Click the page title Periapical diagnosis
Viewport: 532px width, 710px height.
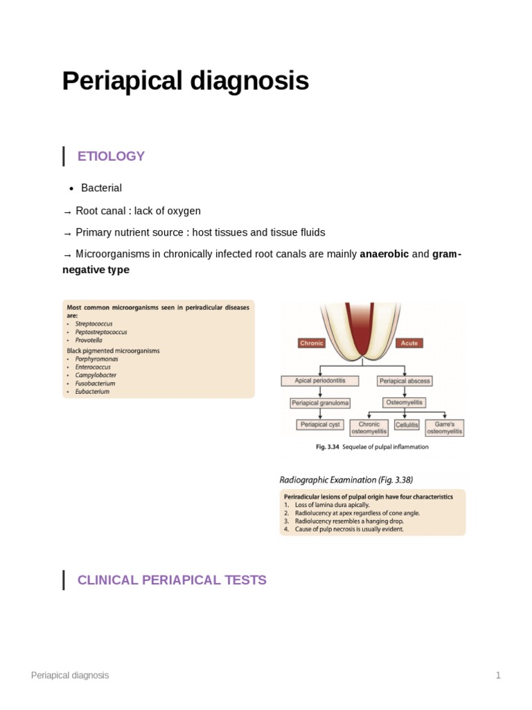186,82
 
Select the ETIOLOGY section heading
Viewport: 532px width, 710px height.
111,156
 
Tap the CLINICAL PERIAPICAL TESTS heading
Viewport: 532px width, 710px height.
172,580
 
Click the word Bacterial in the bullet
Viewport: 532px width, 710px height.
101,188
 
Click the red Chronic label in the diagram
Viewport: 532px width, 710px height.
312,343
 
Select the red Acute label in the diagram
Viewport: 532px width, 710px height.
409,343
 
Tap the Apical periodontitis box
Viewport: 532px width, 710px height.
320,381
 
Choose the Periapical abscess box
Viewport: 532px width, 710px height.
405,381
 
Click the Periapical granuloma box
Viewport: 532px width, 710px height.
320,402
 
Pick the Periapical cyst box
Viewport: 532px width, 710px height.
320,424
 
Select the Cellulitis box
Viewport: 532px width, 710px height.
407,424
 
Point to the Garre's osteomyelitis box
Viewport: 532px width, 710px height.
445,427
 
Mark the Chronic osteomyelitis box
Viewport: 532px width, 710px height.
370,427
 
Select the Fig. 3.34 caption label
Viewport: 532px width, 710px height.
327,447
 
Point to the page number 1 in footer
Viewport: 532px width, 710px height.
497,675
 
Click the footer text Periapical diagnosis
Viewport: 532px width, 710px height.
70,675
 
